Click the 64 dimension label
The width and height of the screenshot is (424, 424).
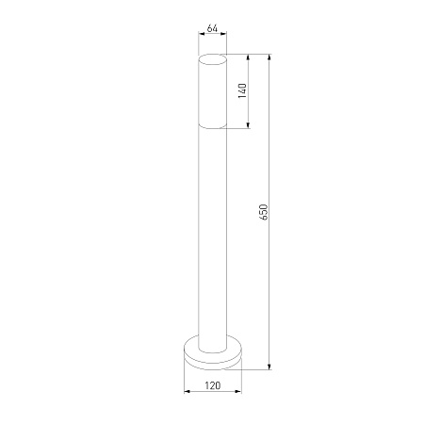[212, 28]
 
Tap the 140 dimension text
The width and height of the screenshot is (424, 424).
[242, 91]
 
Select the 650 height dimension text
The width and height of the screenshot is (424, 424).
[264, 212]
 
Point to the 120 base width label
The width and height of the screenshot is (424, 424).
[213, 385]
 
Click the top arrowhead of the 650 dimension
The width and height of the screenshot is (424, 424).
[269, 57]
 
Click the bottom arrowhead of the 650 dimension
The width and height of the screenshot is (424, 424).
[269, 367]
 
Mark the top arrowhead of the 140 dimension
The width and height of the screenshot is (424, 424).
[248, 57]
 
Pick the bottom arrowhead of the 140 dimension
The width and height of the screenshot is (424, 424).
[248, 125]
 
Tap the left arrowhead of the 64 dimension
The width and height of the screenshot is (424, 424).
[202, 34]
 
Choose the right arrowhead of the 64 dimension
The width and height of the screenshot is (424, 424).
[223, 34]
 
